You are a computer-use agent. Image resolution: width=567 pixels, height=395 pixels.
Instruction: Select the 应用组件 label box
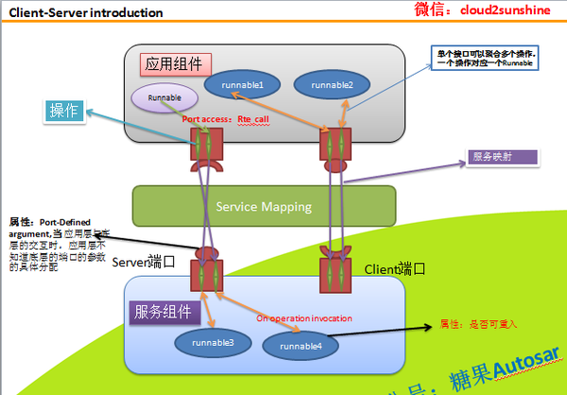[176, 65]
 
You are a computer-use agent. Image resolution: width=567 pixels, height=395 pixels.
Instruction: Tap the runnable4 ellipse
[300, 347]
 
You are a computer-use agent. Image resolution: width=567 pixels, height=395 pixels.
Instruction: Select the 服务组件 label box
[163, 310]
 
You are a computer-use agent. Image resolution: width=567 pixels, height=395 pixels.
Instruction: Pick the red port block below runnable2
[334, 145]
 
